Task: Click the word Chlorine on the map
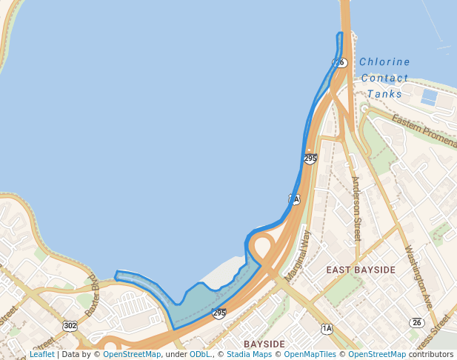384,61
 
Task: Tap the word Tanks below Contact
384,94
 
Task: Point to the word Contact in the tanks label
384,78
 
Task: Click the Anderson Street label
356,208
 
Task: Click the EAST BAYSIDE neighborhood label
361,270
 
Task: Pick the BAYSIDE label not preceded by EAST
264,344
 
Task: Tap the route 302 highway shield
70,326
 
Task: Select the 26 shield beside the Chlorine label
339,63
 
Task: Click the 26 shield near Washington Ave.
416,322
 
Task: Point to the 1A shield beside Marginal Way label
294,199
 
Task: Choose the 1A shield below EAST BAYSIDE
327,327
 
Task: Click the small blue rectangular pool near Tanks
429,96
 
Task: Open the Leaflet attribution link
41,354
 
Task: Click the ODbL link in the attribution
199,354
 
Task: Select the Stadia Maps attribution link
249,354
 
